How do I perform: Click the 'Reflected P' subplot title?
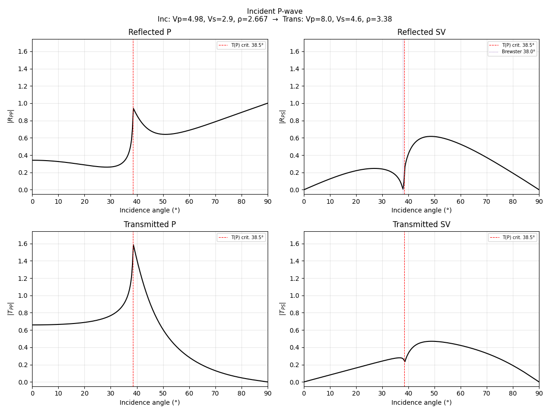point(149,33)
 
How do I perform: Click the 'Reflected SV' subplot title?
point(421,33)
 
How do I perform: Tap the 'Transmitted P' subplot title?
point(149,225)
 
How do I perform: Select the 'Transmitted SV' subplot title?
point(421,225)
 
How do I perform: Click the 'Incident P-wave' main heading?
point(275,11)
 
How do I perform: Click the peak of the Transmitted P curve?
point(133,245)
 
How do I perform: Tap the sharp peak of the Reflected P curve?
point(133,108)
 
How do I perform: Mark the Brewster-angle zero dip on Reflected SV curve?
point(403,189)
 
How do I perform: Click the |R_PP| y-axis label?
point(11,116)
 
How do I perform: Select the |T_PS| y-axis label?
point(282,308)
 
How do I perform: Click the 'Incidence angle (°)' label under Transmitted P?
point(149,403)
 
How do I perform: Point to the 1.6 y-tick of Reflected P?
point(23,51)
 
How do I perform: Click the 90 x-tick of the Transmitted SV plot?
point(539,393)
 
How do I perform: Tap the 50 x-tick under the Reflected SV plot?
point(434,201)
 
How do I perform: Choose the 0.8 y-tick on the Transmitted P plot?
point(23,313)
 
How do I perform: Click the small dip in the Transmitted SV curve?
point(404,362)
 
